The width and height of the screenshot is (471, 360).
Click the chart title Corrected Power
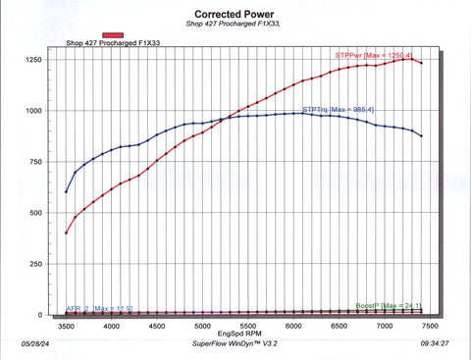coord(235,15)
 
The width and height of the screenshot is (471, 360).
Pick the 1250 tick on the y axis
coord(33,60)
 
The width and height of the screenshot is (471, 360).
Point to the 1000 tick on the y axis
coord(33,111)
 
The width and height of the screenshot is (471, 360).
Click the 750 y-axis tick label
coord(36,162)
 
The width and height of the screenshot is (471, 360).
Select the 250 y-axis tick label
coord(36,264)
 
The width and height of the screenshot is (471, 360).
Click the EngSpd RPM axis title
coord(247,335)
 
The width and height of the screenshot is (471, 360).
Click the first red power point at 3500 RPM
coord(66,232)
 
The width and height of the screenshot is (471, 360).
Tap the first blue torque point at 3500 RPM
coord(66,191)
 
